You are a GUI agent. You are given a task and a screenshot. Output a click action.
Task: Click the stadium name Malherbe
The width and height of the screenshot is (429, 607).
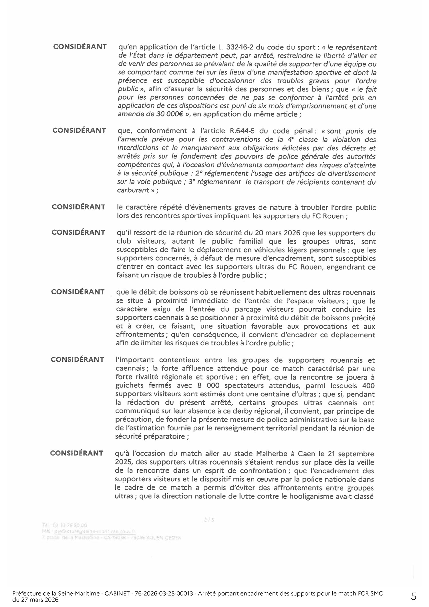coord(273,454)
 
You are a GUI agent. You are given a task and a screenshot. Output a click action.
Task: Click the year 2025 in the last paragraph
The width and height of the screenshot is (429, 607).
coord(123,462)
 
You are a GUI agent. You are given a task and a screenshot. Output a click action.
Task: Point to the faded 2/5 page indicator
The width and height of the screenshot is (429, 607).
coord(209,519)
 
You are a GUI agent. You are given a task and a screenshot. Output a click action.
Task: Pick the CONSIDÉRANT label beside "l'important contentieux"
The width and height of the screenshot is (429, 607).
coord(77,359)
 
